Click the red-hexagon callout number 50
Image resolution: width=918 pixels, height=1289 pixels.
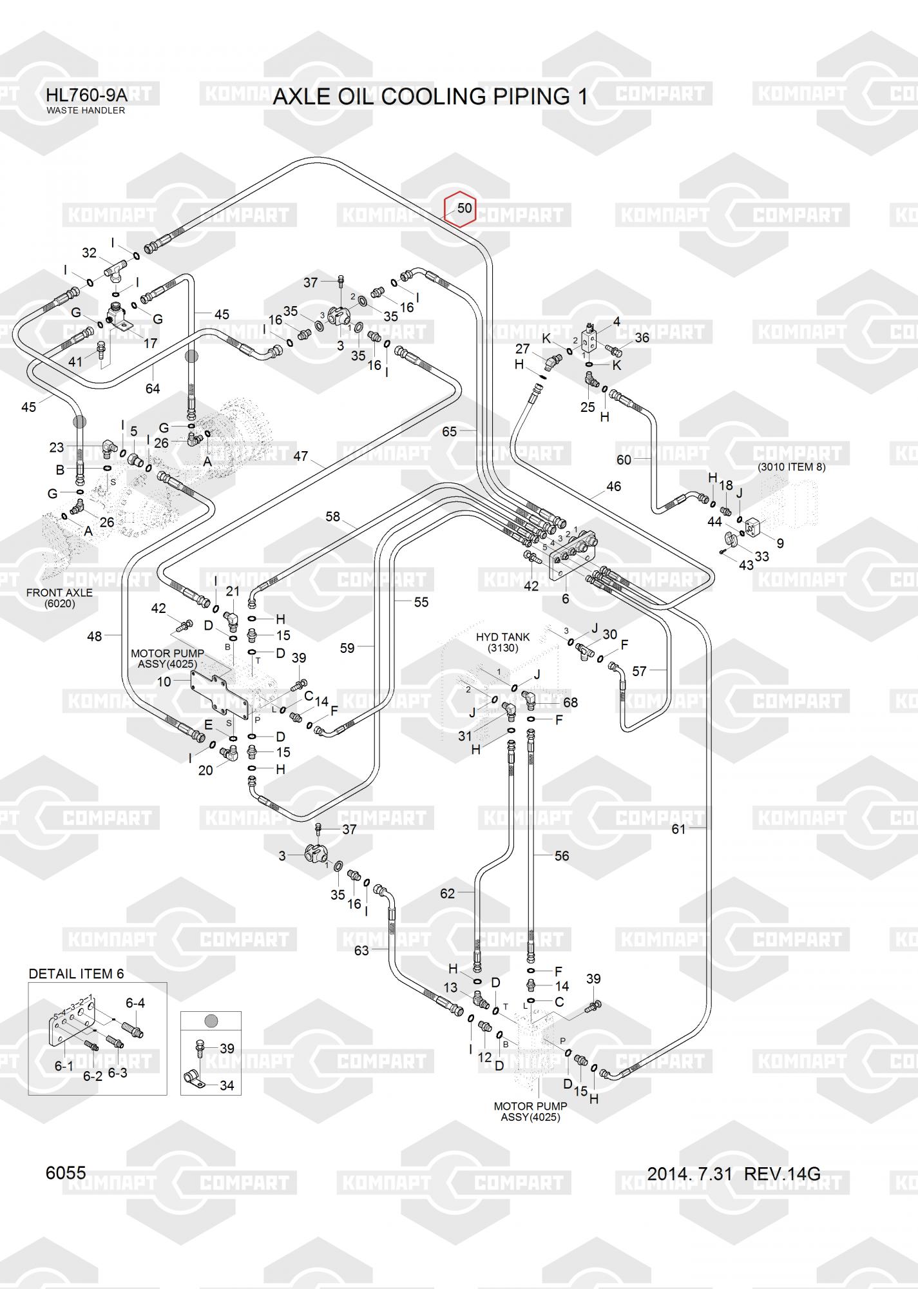pos(464,208)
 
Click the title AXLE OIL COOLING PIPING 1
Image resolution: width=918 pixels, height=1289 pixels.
pos(430,97)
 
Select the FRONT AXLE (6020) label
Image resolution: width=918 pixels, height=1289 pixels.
pos(59,598)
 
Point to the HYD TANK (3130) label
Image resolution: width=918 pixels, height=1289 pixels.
pos(502,642)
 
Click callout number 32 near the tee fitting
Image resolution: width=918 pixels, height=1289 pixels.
pos(89,253)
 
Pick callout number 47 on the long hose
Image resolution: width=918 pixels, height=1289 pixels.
pos(301,456)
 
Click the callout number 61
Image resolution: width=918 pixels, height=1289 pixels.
pos(679,829)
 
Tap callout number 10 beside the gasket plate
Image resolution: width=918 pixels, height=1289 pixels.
pos(164,681)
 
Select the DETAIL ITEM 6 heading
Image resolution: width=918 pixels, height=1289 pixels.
pos(76,973)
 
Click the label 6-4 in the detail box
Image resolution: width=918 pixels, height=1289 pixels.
pos(135,1003)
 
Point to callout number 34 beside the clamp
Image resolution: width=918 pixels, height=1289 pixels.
pos(227,1085)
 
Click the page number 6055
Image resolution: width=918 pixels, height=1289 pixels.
pos(66,1173)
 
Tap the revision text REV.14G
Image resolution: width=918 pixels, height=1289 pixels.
pos(782,1174)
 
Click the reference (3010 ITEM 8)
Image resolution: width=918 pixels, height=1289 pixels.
pos(791,467)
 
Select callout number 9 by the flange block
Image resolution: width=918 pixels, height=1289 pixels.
pos(780,543)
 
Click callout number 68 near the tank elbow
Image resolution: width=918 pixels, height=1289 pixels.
pos(570,703)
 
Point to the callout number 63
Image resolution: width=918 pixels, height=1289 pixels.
pos(361,950)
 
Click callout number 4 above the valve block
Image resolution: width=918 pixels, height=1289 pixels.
pos(617,321)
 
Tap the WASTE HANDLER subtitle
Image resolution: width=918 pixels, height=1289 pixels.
pos(86,110)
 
